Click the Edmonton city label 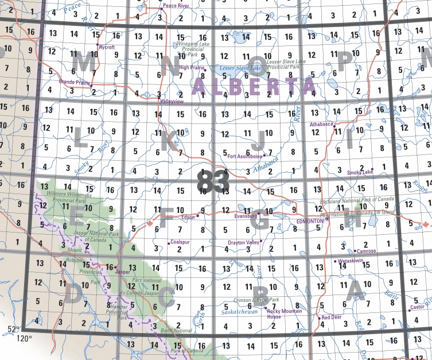pos(310,221)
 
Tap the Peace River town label pos(176,5)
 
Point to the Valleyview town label pos(171,100)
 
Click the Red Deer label pos(332,318)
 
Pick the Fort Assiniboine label pos(245,156)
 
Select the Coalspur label pos(180,242)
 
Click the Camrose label pos(366,251)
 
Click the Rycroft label pos(107,47)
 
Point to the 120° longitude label pos(25,338)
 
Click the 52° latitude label pos(14,330)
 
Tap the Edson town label pos(188,218)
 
